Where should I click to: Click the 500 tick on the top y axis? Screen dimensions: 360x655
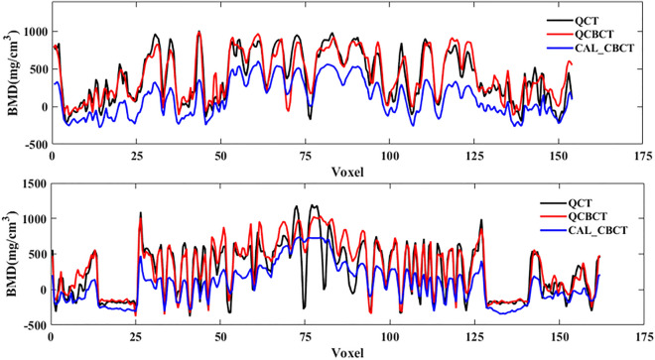(36, 69)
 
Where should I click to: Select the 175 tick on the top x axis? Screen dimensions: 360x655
(640, 157)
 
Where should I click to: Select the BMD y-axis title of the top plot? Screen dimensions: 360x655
(11, 77)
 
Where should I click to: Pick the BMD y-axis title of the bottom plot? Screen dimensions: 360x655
(11, 256)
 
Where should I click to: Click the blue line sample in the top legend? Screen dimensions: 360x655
(558, 47)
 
